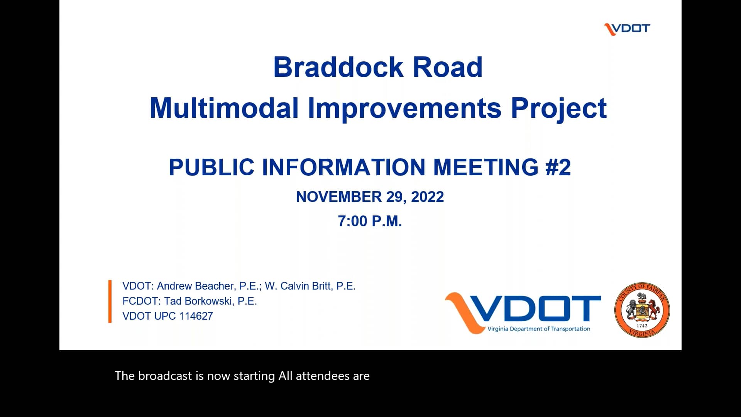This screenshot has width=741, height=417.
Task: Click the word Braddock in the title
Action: (338, 67)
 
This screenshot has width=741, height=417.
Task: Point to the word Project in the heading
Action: (558, 108)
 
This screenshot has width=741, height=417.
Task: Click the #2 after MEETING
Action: (558, 167)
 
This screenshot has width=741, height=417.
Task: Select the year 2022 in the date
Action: (427, 197)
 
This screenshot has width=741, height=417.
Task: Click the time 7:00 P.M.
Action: (370, 221)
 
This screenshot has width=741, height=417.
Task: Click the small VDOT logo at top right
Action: (627, 29)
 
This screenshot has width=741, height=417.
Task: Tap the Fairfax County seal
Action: (642, 310)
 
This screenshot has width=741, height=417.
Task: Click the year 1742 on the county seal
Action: (642, 325)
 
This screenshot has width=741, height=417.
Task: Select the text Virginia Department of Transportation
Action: (538, 329)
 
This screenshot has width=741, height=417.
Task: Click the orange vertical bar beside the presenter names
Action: (110, 301)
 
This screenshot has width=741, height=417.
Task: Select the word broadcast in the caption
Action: (165, 376)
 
